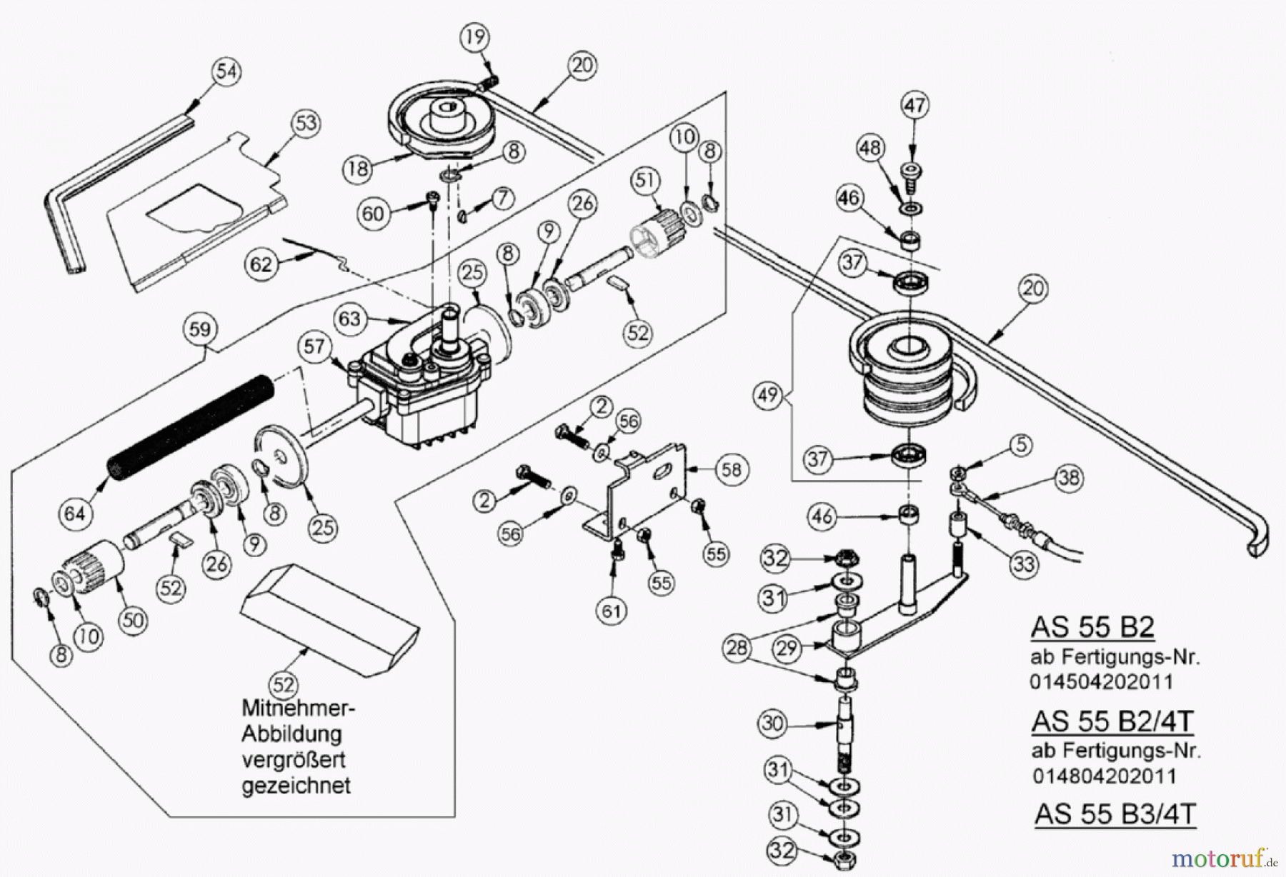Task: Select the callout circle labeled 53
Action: pos(306,123)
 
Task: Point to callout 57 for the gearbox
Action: pos(314,347)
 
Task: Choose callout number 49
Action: pos(768,394)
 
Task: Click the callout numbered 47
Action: pos(914,106)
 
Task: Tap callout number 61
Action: pos(612,611)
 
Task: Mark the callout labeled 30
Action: pos(772,723)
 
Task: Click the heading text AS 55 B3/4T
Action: pos(1115,814)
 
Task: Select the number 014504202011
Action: pos(1101,681)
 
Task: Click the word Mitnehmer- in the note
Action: pos(298,708)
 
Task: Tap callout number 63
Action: pos(349,318)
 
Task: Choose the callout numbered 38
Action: pos(1069,478)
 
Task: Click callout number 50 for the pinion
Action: pos(133,620)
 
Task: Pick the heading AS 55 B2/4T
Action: pos(1112,721)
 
